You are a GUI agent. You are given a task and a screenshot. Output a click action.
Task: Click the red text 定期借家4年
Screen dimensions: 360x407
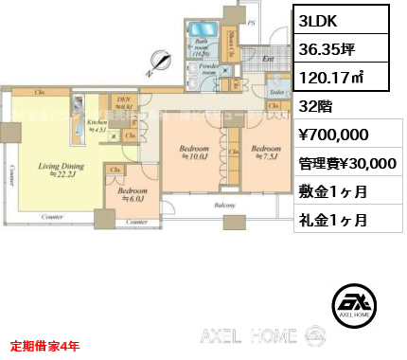tap(44, 346)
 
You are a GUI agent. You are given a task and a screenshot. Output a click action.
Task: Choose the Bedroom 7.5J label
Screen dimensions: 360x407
tap(266, 153)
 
